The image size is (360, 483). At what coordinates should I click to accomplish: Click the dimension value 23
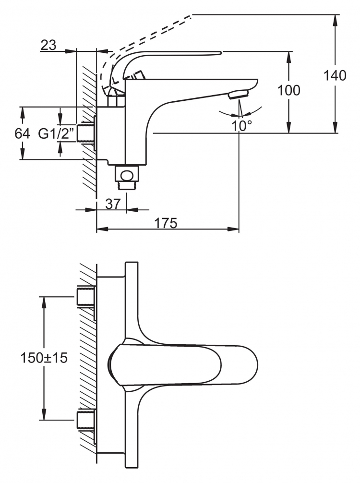tap(48, 45)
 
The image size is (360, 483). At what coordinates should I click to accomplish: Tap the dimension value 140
tap(335, 75)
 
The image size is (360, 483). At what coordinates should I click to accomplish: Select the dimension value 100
tap(288, 90)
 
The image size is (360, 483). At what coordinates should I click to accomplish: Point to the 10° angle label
tap(242, 126)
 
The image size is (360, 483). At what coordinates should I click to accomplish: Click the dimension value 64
tap(22, 133)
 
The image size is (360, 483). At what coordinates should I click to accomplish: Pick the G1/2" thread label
tap(56, 133)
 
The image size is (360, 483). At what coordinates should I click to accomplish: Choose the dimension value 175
tap(166, 223)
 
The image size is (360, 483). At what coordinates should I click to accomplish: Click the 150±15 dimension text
tap(44, 358)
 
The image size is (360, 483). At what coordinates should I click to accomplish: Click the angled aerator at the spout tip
tap(239, 94)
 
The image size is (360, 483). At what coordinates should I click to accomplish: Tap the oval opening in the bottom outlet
tap(127, 175)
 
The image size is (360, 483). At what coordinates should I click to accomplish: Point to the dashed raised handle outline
tap(145, 34)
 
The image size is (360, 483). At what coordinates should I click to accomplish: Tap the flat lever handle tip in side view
tap(216, 53)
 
